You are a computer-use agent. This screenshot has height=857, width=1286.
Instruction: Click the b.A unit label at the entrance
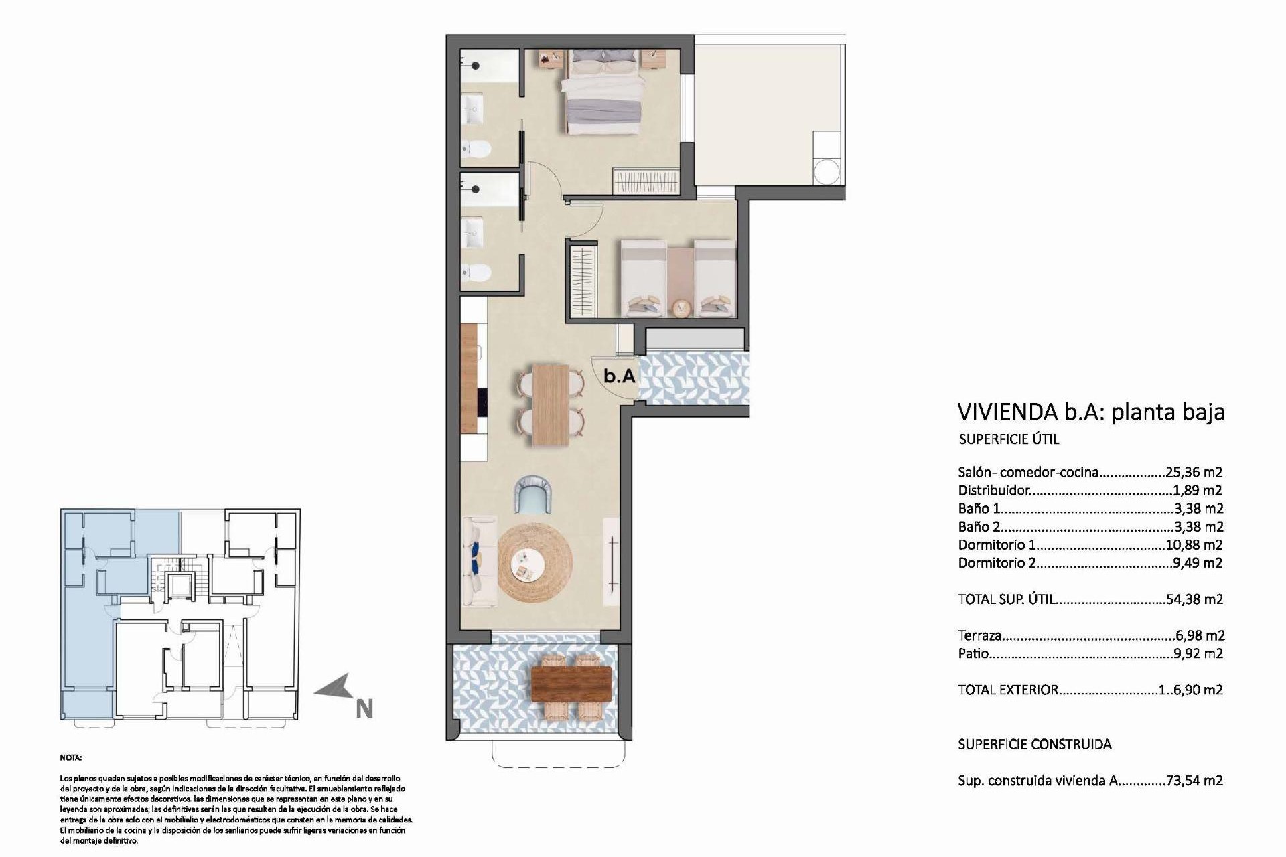click(x=619, y=376)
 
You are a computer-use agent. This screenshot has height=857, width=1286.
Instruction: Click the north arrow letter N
click(x=364, y=708)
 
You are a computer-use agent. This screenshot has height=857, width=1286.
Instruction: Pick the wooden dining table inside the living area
click(x=551, y=404)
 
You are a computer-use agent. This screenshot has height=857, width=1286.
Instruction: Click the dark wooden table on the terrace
click(x=571, y=683)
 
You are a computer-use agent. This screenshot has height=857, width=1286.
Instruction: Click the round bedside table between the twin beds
click(x=681, y=307)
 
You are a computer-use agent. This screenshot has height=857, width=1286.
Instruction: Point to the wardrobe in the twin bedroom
click(x=583, y=282)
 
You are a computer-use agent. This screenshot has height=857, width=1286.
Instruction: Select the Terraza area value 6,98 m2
click(x=1200, y=635)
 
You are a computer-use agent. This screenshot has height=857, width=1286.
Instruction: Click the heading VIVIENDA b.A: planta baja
click(x=1090, y=412)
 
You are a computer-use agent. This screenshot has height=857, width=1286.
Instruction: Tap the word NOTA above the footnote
click(x=71, y=758)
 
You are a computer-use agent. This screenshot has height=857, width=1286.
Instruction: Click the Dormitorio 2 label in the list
click(x=997, y=563)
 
